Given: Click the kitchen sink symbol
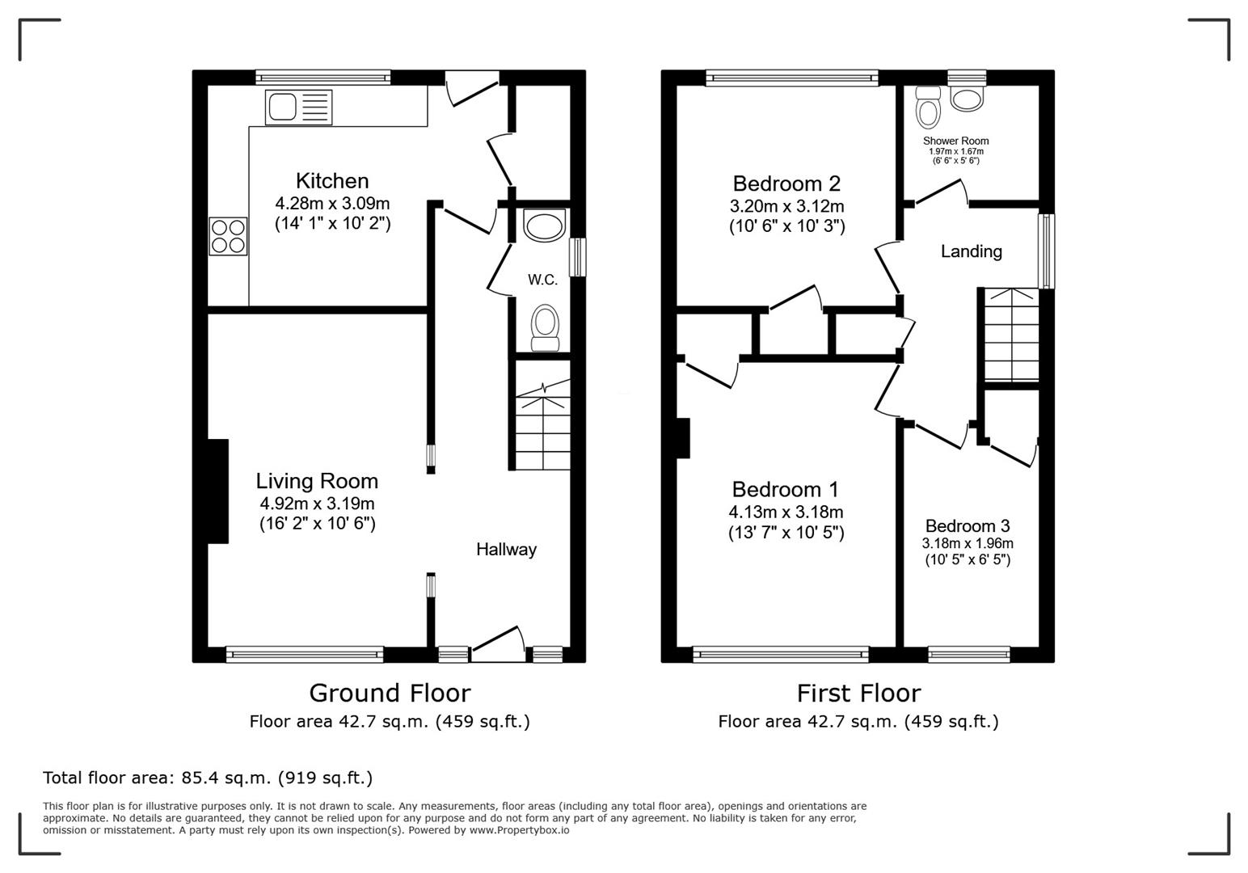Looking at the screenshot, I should point(297,106).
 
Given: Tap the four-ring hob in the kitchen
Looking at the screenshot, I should point(228,236).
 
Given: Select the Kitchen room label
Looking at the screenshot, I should point(331,180).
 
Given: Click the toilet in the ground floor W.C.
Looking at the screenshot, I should point(545,327).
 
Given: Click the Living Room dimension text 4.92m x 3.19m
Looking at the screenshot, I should point(317,503).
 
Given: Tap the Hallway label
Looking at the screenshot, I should point(506,550).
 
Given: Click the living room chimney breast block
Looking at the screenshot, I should point(217,491).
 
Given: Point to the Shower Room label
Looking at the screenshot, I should point(955,141).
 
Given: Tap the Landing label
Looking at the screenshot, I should point(971,251).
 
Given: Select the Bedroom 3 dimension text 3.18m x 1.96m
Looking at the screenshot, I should point(968,543).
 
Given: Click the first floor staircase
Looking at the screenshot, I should point(1011,335).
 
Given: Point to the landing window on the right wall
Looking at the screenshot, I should point(1046,251).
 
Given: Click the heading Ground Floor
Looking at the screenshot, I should point(389,693).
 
